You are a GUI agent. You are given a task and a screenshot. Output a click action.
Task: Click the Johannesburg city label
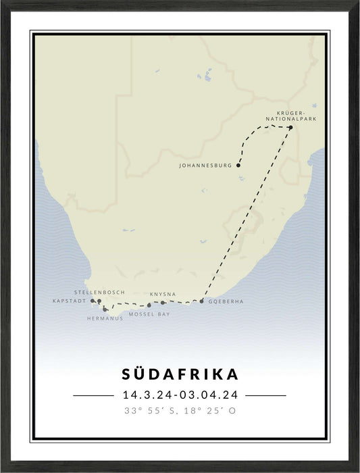[205, 166]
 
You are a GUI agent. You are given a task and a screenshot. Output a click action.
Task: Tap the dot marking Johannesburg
[238, 165]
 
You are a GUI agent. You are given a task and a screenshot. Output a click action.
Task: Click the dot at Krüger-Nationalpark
[290, 127]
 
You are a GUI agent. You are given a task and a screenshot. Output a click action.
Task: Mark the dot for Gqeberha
[201, 301]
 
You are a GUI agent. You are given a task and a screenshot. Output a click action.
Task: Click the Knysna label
[163, 294]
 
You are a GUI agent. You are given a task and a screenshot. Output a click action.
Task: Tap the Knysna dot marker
[163, 302]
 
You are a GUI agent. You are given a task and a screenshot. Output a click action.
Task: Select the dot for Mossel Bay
[149, 305]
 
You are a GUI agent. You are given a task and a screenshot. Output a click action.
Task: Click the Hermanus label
[105, 318]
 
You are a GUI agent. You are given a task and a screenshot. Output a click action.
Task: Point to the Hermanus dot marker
[105, 309]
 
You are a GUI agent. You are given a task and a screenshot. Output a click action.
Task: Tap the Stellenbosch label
[99, 292]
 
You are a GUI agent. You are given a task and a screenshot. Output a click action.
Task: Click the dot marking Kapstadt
[93, 301]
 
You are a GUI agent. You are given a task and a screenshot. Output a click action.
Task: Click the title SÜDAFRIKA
[180, 374]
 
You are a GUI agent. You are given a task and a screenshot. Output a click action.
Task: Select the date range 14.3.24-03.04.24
[180, 395]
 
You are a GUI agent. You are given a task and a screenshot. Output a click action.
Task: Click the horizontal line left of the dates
[93, 395]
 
